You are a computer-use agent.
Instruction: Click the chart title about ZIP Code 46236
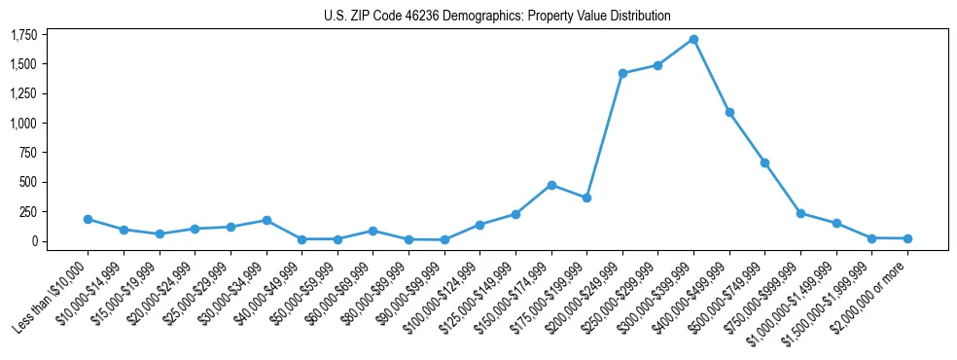[497, 16]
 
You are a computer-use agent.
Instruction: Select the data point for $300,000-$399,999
[693, 40]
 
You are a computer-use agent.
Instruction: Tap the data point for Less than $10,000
[89, 219]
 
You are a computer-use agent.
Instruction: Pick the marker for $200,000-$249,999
[622, 73]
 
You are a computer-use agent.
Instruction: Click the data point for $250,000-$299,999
[658, 65]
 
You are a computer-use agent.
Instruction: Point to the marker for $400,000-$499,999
[729, 113]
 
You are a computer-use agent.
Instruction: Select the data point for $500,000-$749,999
[765, 162]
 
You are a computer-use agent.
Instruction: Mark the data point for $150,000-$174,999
[551, 185]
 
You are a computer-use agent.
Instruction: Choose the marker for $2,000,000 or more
[907, 238]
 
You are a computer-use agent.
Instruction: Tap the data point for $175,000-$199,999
[586, 198]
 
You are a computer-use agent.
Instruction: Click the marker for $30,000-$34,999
[266, 220]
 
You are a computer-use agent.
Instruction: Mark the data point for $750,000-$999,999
[800, 213]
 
